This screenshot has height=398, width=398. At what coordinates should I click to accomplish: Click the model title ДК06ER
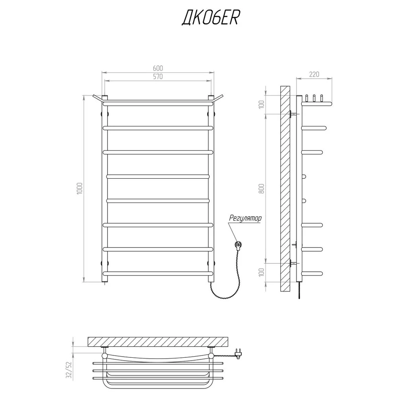210,18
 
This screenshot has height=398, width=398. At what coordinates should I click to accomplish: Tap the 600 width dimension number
158,68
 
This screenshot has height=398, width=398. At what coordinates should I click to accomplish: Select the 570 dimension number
158,76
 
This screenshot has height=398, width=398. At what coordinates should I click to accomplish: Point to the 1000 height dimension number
80,188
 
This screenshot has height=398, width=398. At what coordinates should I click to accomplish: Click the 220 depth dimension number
314,74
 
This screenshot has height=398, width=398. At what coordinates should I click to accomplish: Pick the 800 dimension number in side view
262,188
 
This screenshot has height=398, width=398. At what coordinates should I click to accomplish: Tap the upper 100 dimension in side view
262,105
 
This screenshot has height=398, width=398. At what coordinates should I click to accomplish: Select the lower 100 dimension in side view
262,272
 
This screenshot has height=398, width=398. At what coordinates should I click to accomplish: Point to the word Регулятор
245,218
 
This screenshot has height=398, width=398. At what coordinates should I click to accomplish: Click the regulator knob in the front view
238,245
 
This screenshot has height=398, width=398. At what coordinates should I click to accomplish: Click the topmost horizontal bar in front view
158,104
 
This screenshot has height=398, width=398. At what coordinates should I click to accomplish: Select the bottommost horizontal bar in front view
158,274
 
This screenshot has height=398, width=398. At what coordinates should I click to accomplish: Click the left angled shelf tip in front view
93,96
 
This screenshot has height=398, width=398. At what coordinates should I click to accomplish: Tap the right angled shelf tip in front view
222,96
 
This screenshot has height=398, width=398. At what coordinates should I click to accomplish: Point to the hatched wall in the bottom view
158,341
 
